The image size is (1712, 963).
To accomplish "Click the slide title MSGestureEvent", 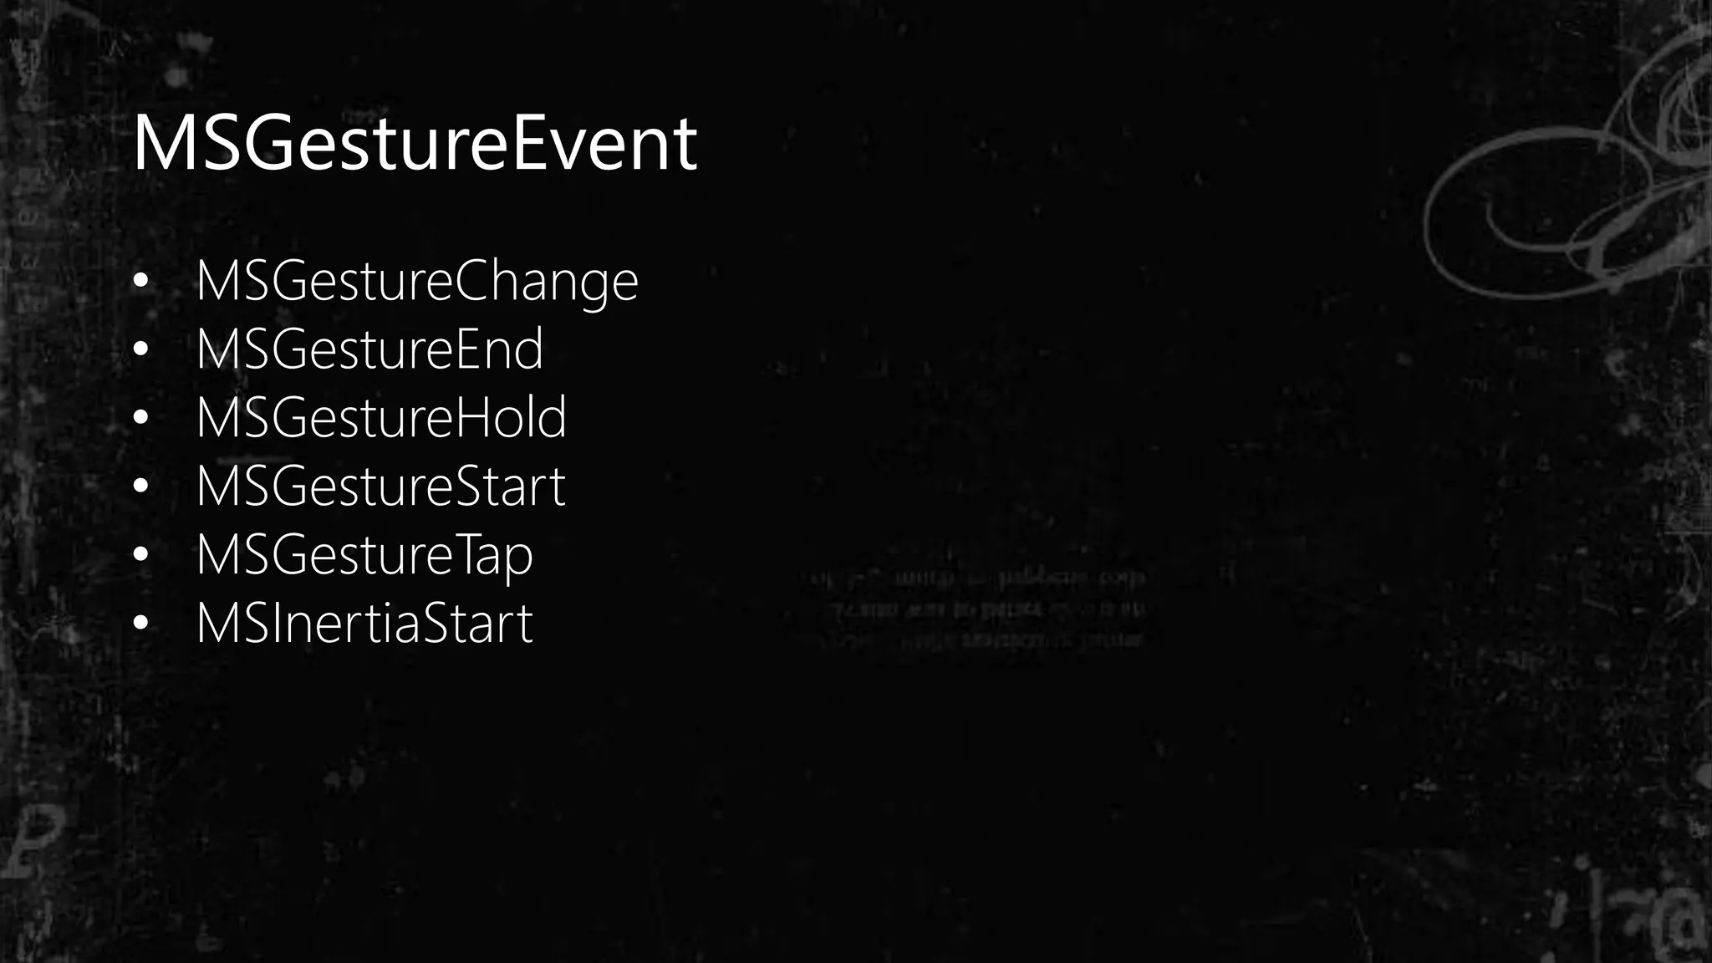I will point(415,144).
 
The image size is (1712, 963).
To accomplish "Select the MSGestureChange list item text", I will point(416,282).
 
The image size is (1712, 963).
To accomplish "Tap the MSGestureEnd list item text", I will point(369,350).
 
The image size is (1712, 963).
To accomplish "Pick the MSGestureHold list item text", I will point(380,418).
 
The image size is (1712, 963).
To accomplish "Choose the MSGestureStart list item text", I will point(380,487).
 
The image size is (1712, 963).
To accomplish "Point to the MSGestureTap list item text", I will point(364,556).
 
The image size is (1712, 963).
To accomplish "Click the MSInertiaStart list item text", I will point(364,624).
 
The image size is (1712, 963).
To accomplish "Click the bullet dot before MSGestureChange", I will point(140,282).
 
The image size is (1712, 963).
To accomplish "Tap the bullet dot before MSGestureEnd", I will point(140,350).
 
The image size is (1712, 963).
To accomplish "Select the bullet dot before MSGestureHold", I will point(140,418).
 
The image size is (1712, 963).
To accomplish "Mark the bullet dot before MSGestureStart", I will point(140,487).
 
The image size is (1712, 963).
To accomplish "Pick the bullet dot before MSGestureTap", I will point(140,555).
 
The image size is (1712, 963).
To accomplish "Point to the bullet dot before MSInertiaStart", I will point(140,624).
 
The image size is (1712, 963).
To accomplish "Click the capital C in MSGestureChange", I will point(475,282).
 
